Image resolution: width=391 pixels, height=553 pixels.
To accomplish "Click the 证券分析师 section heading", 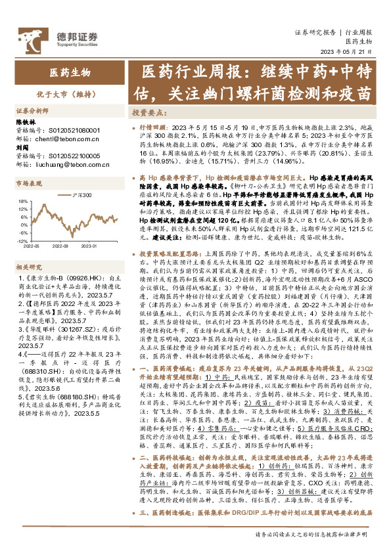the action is pos(32,112).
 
